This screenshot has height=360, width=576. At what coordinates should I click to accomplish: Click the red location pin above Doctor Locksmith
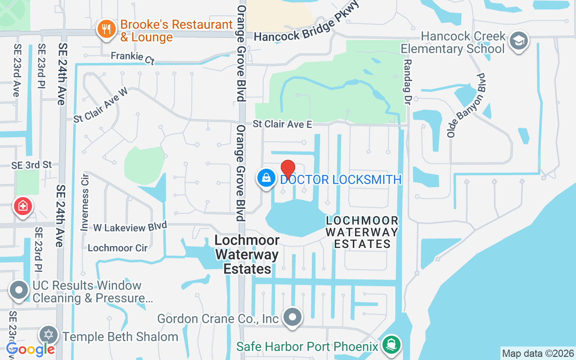288,169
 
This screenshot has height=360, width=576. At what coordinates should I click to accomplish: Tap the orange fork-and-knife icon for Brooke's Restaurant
106,30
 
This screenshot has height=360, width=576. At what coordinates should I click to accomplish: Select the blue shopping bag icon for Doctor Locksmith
267,178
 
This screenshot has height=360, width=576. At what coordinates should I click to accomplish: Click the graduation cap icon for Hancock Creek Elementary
519,41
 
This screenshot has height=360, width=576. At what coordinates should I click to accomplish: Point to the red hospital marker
23,206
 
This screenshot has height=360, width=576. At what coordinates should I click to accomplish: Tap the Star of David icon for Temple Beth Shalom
49,335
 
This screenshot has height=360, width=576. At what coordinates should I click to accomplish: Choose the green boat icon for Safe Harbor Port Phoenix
391,345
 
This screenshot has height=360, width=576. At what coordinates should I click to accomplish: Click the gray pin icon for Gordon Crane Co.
293,317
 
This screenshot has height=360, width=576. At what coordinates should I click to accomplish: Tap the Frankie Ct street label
132,57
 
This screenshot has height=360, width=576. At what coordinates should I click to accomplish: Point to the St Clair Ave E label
282,124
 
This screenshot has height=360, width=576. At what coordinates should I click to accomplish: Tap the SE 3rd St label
32,165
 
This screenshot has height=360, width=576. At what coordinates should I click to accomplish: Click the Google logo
31,349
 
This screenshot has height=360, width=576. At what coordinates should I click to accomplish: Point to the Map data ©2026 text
538,353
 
